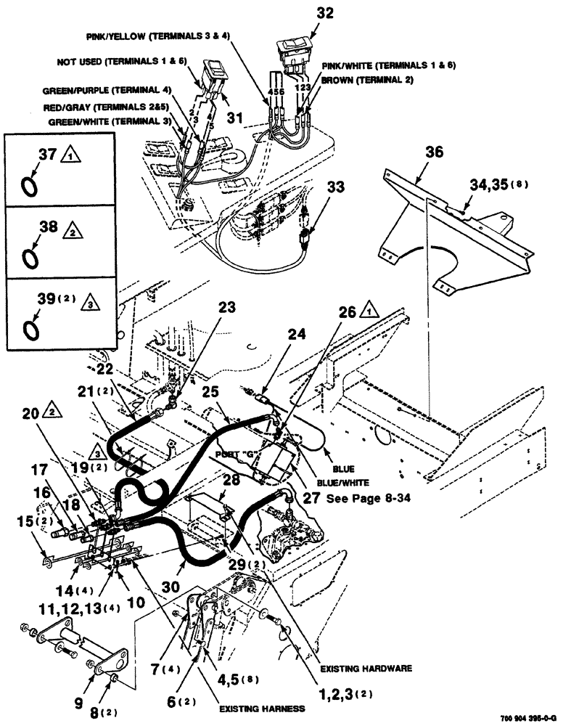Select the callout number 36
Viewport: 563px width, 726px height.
pos(434,152)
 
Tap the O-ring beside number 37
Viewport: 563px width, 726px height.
pos(30,186)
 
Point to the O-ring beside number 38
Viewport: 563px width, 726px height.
pos(30,257)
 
